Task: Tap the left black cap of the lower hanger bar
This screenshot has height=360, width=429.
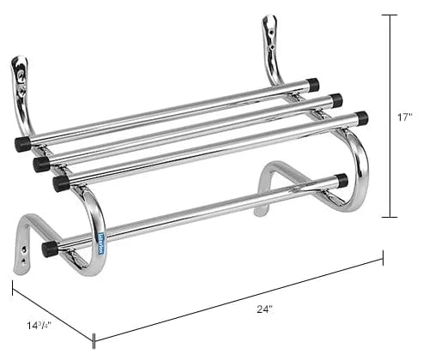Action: pos(50,249)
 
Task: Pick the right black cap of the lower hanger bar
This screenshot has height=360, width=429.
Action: pos(341,181)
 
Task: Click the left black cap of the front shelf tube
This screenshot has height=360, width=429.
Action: pos(61,183)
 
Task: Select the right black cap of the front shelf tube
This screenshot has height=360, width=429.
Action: pos(361,117)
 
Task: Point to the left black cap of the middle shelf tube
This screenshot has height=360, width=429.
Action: pos(41,163)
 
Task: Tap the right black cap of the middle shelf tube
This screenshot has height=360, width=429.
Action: pos(336,100)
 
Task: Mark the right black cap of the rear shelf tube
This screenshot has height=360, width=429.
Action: pos(313,85)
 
